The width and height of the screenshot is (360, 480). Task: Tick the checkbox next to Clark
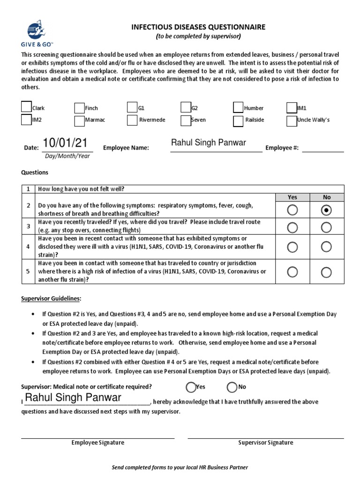[26, 107]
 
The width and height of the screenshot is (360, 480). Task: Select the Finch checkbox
[79, 108]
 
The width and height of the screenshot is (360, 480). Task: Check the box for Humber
[238, 108]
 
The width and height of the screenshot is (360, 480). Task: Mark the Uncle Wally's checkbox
[291, 120]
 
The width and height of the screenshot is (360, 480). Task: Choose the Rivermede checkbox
[132, 120]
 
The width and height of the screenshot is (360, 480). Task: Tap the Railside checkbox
[238, 121]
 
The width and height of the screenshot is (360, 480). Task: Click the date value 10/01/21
[65, 143]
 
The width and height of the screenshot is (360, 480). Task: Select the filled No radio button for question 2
[326, 210]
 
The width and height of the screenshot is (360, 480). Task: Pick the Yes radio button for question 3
[292, 228]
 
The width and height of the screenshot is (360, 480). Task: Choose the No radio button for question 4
[326, 247]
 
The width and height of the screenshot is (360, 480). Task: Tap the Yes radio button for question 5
[292, 272]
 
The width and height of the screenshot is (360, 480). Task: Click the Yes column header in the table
[292, 197]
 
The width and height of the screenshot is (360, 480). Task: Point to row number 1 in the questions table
[28, 189]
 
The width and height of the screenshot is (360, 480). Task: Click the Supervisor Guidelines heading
[51, 299]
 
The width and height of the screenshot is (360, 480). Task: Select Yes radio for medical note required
[191, 387]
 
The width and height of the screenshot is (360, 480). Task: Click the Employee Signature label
[97, 442]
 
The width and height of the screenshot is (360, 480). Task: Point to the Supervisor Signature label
[265, 442]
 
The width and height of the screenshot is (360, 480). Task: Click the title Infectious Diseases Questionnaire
[198, 27]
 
